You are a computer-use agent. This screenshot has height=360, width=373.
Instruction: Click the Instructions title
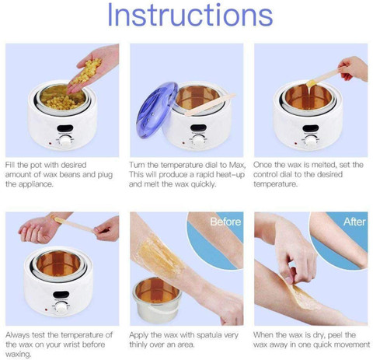coord(190,15)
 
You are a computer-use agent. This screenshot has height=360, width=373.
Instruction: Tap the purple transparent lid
coord(156,110)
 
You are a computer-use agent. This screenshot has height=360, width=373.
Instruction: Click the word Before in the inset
coord(225,222)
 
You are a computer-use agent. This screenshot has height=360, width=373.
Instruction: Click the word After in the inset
coord(354,222)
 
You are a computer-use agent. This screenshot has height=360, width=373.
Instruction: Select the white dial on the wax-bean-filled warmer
coord(65,142)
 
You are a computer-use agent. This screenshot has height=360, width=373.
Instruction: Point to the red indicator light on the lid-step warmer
coord(183,143)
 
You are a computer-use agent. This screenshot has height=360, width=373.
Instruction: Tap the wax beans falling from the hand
coord(86,71)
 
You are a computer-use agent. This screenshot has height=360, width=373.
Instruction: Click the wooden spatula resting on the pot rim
coord(211,104)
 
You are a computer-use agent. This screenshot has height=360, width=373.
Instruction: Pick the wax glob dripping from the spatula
coord(311,83)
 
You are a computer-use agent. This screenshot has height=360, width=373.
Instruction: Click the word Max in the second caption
coord(237,165)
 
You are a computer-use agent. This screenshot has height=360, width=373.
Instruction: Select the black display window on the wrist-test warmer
coord(61,295)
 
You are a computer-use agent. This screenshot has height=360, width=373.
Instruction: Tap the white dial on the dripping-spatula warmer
coord(311,141)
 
